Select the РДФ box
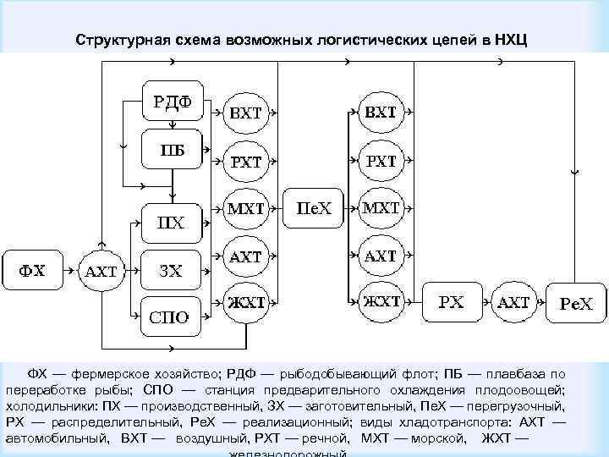tap(172, 102)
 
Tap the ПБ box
tap(172, 151)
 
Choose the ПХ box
tap(172, 223)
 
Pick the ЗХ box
tap(172, 271)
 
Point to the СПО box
tap(172, 318)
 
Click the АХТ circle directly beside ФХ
tap(101, 273)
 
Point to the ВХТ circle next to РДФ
tap(244, 113)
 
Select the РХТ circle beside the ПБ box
tap(244, 161)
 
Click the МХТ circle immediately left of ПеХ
tap(244, 208)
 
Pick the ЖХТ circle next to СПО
tap(244, 303)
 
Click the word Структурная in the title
tap(122, 40)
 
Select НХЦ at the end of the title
tap(509, 40)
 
